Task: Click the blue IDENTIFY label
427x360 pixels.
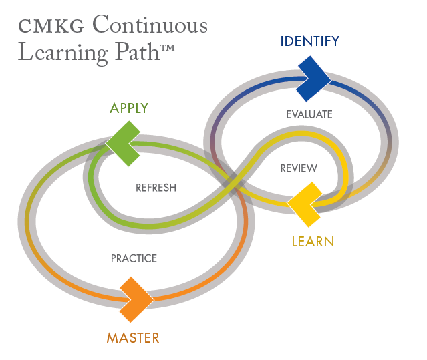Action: pos(309,42)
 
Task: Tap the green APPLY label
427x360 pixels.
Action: pos(129,108)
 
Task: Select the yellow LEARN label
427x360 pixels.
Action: pos(312,241)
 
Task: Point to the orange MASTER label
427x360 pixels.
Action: pos(133,338)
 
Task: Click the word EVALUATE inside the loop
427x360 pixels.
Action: pos(309,114)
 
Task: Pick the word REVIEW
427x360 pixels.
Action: pos(298,168)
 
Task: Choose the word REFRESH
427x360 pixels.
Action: pos(156,188)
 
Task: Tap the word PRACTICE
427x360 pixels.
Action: pos(134,258)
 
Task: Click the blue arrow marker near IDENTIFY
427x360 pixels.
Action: pos(312,78)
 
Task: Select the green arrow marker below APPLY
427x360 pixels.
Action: pos(125,142)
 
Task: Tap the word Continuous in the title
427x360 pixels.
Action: pos(150,25)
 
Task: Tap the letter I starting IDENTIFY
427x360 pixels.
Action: pos(282,42)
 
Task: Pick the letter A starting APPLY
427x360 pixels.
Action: pos(114,108)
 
